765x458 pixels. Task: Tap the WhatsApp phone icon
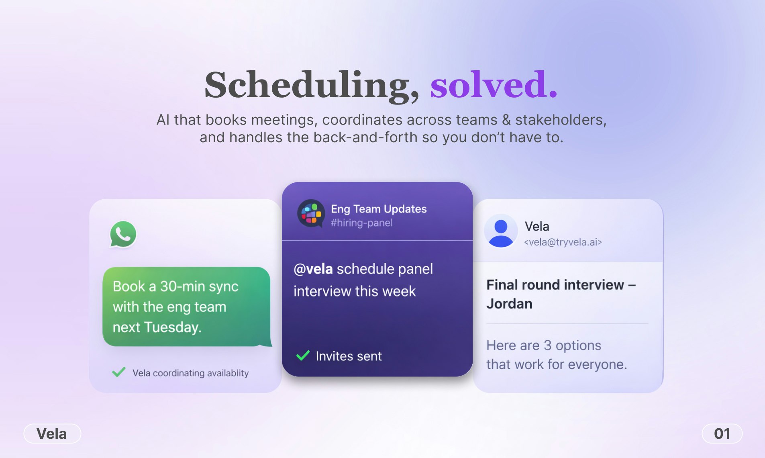click(123, 234)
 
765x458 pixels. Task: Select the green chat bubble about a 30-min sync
click(186, 307)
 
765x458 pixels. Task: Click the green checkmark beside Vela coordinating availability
click(119, 372)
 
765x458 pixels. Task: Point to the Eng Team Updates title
click(378, 209)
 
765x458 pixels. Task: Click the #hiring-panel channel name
click(361, 223)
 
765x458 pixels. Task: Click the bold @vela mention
click(313, 269)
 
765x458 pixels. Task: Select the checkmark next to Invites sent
click(303, 356)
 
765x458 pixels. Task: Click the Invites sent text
click(349, 356)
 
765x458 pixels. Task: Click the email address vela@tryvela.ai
click(563, 242)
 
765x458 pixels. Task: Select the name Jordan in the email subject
click(509, 304)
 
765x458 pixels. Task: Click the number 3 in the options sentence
click(547, 346)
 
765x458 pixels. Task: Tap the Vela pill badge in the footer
click(52, 433)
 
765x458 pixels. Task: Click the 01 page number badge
click(722, 433)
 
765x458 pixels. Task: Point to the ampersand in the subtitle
click(506, 120)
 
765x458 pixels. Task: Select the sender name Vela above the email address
click(537, 226)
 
